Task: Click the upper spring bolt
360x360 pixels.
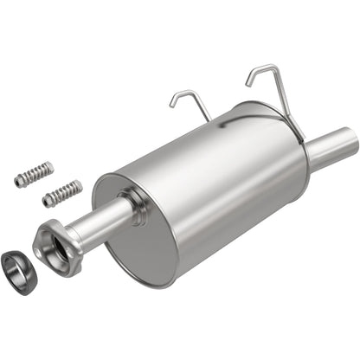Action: (x=34, y=173)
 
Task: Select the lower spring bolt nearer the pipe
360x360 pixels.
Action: (x=62, y=192)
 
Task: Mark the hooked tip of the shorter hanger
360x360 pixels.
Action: (x=173, y=106)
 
